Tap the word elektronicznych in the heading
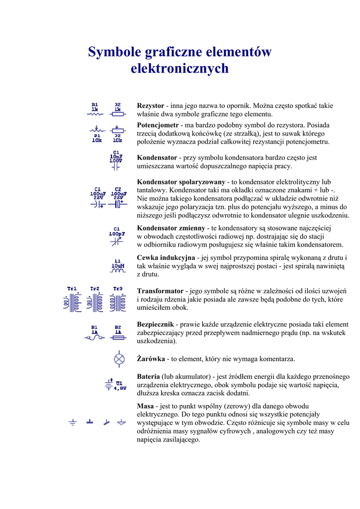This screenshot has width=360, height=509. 180,68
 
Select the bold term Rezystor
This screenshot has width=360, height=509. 150,106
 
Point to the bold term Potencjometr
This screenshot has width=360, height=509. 158,125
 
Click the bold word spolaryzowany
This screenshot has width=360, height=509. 202,182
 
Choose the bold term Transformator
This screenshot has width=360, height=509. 160,291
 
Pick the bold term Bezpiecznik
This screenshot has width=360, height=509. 155,324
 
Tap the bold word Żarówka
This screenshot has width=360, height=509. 151,358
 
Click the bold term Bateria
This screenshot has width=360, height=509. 148,376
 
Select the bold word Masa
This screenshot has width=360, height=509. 145,406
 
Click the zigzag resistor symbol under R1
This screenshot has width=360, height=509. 94,113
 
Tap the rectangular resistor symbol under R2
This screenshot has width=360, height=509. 117,113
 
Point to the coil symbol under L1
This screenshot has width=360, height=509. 118,271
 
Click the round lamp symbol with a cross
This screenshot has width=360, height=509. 119,358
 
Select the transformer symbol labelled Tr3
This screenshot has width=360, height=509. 118,302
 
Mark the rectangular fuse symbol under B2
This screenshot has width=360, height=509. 118,338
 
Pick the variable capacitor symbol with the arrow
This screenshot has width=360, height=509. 117,241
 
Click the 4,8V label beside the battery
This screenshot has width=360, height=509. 120,388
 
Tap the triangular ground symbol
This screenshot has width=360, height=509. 121,422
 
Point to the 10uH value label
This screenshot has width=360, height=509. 117,265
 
